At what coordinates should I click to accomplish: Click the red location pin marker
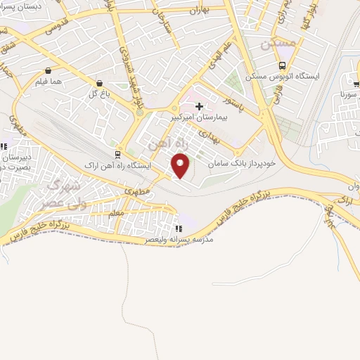tap(181, 166)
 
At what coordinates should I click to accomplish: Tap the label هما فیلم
tap(47, 82)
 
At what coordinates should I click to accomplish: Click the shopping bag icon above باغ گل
tap(98, 82)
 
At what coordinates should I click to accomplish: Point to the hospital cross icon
tap(200, 106)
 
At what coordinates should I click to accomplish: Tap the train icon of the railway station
tap(117, 155)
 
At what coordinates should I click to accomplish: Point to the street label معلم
tap(117, 212)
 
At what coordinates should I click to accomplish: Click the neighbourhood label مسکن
tap(273, 44)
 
